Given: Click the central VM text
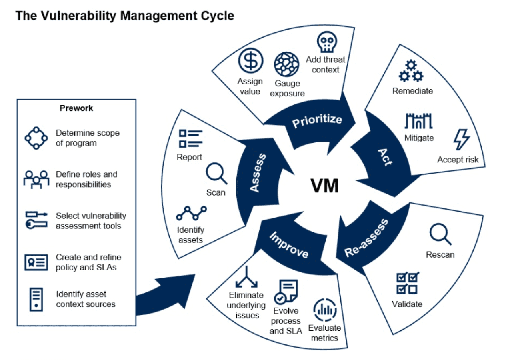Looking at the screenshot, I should pos(324,186).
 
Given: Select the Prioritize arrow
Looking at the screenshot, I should pos(317,120).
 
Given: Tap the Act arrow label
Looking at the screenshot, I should pos(385,157).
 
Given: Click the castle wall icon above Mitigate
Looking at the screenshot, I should pos(419,121).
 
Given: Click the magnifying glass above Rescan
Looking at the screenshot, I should pos(440,234).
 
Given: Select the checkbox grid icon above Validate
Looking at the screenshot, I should pos(407,283).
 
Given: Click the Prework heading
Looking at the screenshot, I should pos(76,108).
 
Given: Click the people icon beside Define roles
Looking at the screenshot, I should pos(36,179).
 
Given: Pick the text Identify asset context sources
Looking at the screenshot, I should pos(85,299).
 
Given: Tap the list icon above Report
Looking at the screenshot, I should pos(190,138).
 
